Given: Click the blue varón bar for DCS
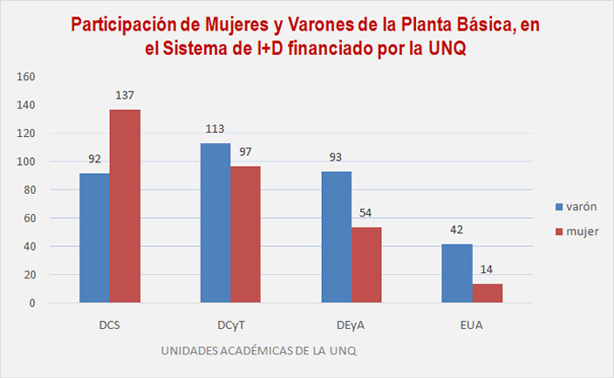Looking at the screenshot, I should [x=94, y=238].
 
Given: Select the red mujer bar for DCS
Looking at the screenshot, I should [x=125, y=206].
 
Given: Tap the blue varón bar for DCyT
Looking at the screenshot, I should [x=215, y=223].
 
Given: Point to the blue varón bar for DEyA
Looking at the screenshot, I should [x=337, y=237].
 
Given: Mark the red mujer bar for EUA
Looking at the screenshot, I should [x=488, y=293].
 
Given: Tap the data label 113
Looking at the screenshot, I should [x=215, y=129].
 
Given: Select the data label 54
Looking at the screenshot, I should [x=367, y=213].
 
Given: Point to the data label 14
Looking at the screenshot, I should [x=488, y=270].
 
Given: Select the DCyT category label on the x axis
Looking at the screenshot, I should [x=230, y=326].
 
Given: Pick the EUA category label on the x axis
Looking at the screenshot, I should [x=473, y=326].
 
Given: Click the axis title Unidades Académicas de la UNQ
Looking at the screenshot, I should [x=258, y=351].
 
